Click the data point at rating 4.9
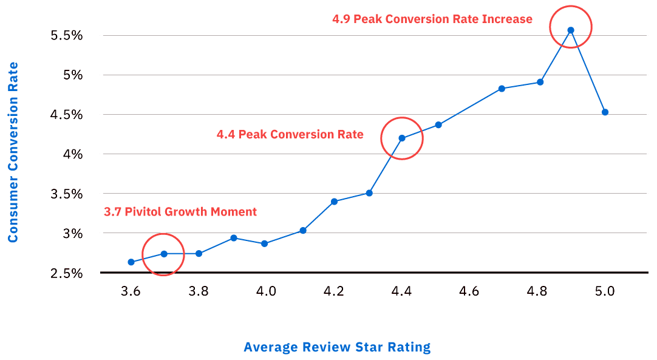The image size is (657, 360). tap(571, 30)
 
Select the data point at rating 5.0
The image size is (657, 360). tap(605, 112)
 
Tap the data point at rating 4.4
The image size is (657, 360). tap(401, 138)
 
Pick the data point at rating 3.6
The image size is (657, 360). tap(131, 262)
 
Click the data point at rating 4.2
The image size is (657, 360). tap(334, 201)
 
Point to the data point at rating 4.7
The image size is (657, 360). tap(502, 89)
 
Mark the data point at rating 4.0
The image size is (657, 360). tap(264, 243)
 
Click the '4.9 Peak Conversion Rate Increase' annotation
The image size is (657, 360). tap(432, 19)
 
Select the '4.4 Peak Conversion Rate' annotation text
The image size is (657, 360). tap(290, 134)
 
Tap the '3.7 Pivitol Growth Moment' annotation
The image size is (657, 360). tap(180, 212)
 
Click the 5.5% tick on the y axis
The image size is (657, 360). tap(67, 35)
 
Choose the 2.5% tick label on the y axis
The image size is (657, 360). tap(67, 273)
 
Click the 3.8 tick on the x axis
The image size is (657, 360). tap(199, 291)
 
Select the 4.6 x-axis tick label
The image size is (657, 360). tap(469, 291)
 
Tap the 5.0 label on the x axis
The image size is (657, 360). tap(605, 291)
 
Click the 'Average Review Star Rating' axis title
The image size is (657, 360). tap(337, 347)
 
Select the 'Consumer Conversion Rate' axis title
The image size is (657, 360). tap(13, 152)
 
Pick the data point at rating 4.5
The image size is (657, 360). tap(438, 125)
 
